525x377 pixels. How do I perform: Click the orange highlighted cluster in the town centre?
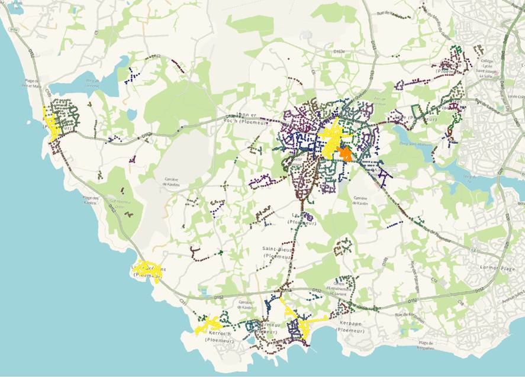344,154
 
